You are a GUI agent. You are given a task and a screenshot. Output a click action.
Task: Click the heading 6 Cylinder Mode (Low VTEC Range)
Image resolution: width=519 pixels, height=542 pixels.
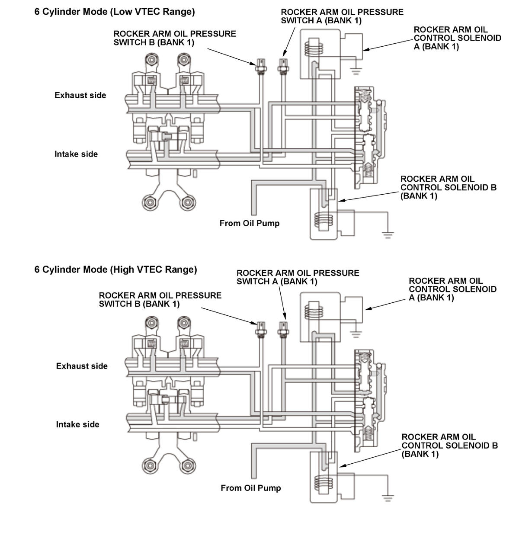pos(115,12)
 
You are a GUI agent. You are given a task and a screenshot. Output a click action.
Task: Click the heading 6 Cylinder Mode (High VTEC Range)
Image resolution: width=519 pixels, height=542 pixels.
pos(115,269)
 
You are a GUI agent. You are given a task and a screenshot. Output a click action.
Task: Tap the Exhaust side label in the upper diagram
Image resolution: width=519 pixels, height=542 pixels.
pos(80,95)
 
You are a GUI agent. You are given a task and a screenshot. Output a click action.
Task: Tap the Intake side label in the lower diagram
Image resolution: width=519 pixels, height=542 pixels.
pos(77,424)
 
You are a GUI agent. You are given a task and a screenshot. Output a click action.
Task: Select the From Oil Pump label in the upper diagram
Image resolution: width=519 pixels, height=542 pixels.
pos(250,223)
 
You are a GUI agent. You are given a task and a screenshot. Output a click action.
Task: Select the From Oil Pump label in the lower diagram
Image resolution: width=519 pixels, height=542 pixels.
pos(251,488)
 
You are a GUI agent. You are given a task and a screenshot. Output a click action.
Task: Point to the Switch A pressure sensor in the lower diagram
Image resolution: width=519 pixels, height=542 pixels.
pos(284,329)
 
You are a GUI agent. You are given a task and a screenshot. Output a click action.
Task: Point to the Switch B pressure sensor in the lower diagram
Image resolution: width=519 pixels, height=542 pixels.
pos(261,329)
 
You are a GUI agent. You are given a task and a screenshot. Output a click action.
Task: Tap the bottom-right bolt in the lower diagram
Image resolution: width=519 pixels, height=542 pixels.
pos(187,465)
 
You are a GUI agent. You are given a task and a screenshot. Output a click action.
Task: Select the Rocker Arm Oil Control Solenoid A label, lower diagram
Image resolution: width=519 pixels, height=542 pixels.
pos(452,289)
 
